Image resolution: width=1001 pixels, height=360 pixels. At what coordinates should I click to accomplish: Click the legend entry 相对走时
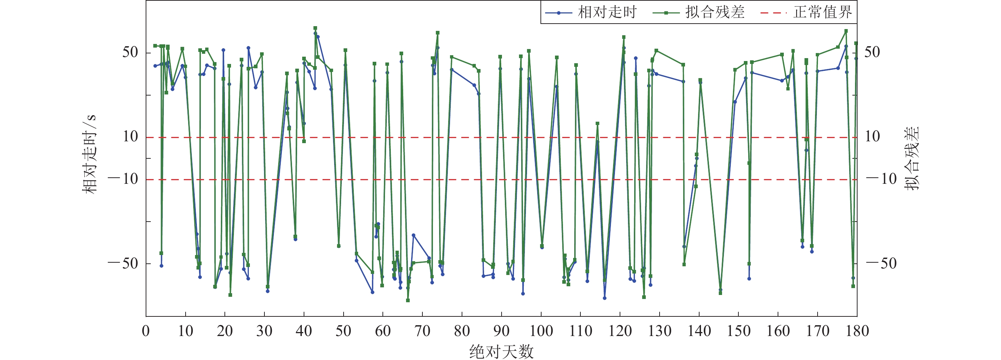click(607, 12)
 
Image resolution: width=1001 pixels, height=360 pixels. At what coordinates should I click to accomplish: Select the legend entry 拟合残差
click(714, 12)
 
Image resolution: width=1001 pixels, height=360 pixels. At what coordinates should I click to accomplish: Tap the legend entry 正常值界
click(822, 12)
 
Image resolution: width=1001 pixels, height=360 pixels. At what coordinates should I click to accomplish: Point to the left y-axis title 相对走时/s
click(89, 154)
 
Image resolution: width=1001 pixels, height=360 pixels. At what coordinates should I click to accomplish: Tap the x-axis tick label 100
click(541, 331)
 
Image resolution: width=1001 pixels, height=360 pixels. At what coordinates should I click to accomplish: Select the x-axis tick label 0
click(146, 331)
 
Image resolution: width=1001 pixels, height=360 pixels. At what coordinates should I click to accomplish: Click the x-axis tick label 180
click(857, 331)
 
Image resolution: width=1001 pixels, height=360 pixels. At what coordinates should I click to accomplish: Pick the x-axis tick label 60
click(383, 331)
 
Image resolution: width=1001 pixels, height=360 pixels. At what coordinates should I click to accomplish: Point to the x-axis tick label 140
click(699, 331)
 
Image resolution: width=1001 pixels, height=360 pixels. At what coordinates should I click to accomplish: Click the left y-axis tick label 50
click(130, 52)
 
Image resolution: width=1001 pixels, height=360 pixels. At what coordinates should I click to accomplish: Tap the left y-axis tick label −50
click(123, 264)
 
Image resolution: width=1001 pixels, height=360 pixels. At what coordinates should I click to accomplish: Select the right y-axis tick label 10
click(872, 137)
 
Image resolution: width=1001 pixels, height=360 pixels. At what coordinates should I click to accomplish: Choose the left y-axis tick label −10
click(123, 179)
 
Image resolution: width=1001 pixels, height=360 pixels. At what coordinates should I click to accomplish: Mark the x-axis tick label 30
click(264, 331)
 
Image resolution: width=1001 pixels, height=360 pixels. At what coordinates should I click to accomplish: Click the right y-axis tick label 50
click(872, 52)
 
